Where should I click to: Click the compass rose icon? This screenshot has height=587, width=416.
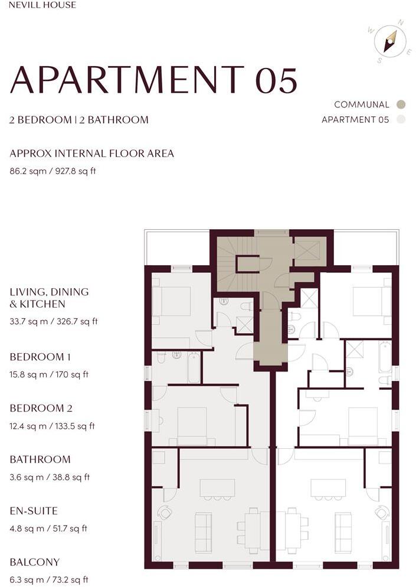pos(390,41)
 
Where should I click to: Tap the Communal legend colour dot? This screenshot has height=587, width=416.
pos(401,105)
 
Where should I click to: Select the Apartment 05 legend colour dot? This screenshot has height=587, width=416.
pos(401,120)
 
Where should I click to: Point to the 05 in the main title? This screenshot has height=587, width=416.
pos(276,80)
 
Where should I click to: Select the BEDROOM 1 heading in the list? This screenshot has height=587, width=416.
pos(40,357)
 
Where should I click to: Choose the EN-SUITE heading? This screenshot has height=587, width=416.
pos(34,511)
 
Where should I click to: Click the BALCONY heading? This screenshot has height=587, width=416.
pos(35,562)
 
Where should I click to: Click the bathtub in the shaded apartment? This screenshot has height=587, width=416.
pos(194,367)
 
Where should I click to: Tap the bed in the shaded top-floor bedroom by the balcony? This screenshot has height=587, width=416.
pos(172,301)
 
